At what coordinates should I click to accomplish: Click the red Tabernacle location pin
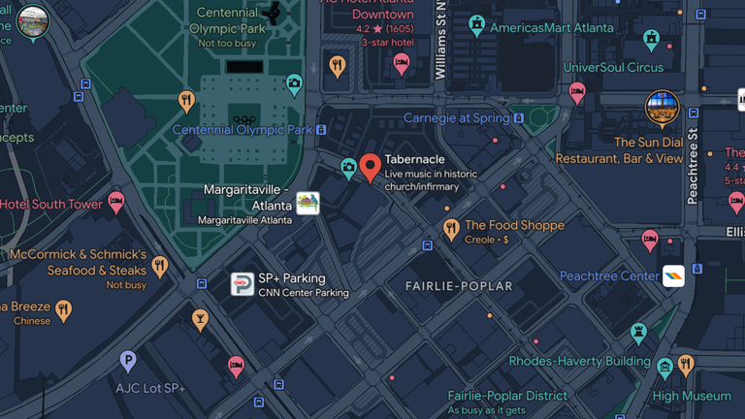point(370,167)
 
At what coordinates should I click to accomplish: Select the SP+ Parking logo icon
point(242,284)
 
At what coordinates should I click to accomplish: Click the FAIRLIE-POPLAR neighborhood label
point(458,286)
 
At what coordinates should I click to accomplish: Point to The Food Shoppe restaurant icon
point(450,229)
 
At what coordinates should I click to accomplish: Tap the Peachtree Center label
point(609,276)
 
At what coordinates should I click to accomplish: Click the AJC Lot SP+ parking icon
point(127,362)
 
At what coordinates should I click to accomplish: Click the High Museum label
point(692,396)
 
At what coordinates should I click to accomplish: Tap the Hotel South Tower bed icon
point(116,203)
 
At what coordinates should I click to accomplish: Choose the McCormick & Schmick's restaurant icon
point(160,266)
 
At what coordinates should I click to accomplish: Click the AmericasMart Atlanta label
point(551,27)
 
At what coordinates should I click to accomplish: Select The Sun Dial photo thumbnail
point(663,108)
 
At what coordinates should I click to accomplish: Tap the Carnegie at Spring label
point(456,118)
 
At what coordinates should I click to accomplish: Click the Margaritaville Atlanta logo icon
point(308,203)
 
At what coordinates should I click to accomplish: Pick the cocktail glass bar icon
point(200,319)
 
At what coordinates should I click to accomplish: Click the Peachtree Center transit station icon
point(673,275)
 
